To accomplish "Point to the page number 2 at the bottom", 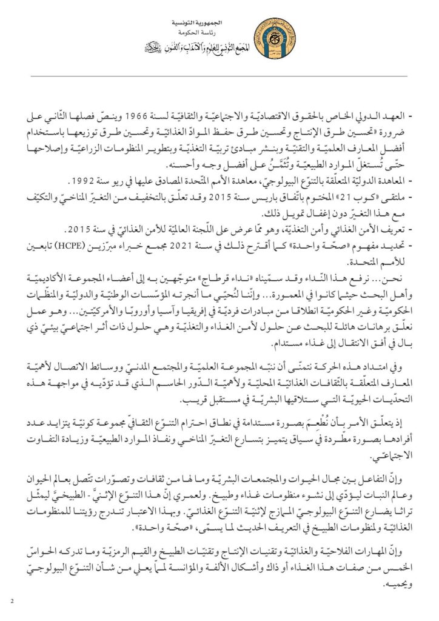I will (x=12, y=600).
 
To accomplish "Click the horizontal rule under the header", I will (x=219, y=76).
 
